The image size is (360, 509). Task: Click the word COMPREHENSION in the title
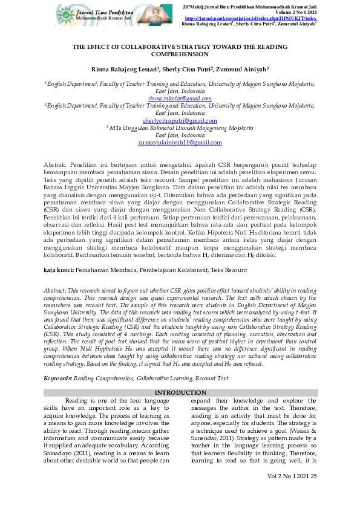coord(180,54)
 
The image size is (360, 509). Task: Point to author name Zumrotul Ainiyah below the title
coord(243,70)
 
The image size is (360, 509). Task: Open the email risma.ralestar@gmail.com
coord(180,98)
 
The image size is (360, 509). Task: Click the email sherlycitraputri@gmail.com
coord(180,121)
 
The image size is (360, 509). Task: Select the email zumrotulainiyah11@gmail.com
coord(180,143)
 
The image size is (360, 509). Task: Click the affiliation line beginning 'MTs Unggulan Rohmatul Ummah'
coord(180,128)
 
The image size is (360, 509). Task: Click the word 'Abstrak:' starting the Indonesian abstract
coord(56,164)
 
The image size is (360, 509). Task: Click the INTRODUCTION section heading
coord(180,392)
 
